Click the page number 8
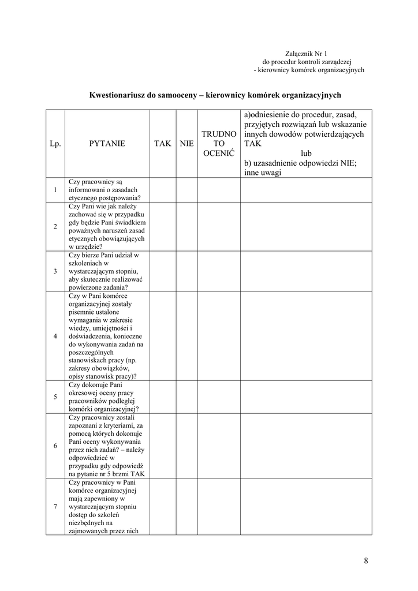coord(366,560)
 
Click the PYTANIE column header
coord(107,143)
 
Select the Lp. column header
coord(55,143)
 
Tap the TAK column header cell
coord(163,143)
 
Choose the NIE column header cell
coord(186,143)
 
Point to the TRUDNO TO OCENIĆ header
coord(219,143)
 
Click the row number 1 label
coord(55,190)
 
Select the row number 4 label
coord(55,336)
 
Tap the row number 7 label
coord(55,507)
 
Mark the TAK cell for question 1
coord(163,190)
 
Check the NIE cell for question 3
coord(186,271)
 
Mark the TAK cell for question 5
coord(163,397)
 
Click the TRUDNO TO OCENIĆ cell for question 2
coord(219,226)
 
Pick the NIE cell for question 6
coord(186,446)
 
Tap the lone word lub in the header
coord(306,154)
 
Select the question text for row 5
coord(107,397)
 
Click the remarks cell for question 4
coord(306,336)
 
